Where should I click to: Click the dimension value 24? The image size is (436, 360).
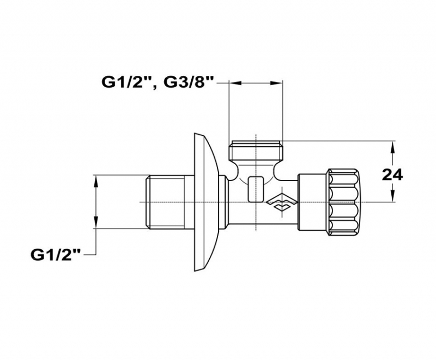(392, 175)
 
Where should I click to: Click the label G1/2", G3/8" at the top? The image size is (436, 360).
(158, 82)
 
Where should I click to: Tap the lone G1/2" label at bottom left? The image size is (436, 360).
(56, 255)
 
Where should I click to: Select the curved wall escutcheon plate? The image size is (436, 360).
(205, 202)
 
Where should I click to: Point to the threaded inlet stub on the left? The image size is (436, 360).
(170, 202)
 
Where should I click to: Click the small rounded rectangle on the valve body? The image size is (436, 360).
(256, 189)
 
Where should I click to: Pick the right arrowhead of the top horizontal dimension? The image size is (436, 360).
(278, 82)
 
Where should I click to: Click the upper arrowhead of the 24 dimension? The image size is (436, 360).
(392, 146)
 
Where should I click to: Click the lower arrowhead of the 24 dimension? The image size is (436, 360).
(392, 196)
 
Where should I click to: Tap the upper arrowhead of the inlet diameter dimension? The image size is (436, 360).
(96, 181)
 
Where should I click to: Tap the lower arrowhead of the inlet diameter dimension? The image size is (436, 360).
(96, 223)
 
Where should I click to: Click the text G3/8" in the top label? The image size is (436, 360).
(189, 82)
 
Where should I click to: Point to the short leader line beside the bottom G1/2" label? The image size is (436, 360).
(89, 255)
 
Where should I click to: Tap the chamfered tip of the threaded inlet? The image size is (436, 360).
(148, 202)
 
